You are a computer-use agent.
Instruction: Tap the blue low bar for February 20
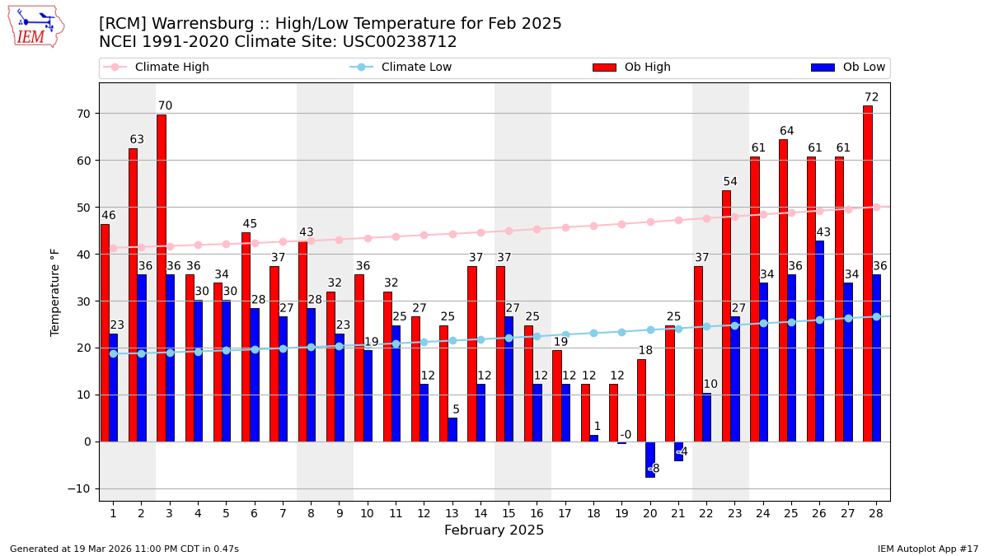pyautogui.click(x=650, y=459)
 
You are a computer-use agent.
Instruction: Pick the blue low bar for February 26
pyautogui.click(x=819, y=341)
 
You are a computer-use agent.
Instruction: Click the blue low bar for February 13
pyautogui.click(x=452, y=429)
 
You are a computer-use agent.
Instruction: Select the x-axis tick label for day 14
pyautogui.click(x=480, y=514)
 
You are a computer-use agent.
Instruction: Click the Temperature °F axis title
pyautogui.click(x=56, y=292)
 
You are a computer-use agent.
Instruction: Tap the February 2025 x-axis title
pyautogui.click(x=494, y=530)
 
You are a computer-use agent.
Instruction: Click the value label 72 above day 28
pyautogui.click(x=871, y=97)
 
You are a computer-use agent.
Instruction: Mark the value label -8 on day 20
pyautogui.click(x=654, y=468)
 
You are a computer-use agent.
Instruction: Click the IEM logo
pyautogui.click(x=35, y=26)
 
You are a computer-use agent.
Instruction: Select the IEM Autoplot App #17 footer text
pyautogui.click(x=928, y=549)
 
